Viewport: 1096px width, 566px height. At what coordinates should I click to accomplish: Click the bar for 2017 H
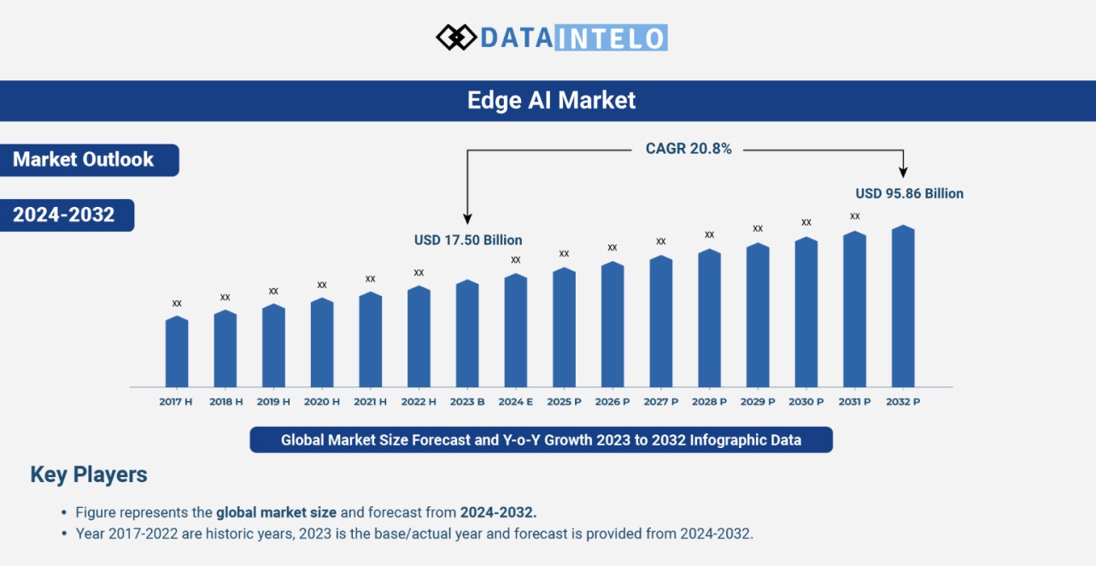point(177,352)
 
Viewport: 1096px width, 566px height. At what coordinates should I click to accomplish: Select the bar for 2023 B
point(467,333)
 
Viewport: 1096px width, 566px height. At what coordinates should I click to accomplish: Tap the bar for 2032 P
point(903,307)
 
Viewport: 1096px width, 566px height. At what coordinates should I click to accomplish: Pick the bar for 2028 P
point(709,319)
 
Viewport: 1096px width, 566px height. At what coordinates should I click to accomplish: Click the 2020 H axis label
point(322,401)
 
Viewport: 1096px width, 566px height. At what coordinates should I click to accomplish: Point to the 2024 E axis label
point(516,401)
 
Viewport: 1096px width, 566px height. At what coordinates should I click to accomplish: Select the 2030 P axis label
point(806,401)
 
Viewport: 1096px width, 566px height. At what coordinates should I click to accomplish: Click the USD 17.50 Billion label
point(468,240)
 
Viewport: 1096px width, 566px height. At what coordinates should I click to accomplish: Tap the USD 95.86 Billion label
point(909,193)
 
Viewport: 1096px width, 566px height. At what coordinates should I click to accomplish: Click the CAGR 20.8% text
point(689,149)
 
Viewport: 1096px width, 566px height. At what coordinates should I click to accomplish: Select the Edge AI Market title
point(551,101)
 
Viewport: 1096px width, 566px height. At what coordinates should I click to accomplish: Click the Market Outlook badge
point(85,160)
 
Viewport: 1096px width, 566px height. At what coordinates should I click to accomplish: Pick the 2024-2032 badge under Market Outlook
point(64,215)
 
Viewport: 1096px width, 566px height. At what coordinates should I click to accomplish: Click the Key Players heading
point(89,475)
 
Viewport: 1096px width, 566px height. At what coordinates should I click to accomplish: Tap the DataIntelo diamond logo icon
point(455,37)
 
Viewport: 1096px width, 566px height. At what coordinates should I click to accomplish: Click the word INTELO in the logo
point(611,38)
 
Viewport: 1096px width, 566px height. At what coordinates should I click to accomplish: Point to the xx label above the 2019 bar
point(273,292)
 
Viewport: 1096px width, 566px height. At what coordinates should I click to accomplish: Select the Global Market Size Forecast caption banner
point(541,440)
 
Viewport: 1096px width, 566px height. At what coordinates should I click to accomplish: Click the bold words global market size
point(277,513)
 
